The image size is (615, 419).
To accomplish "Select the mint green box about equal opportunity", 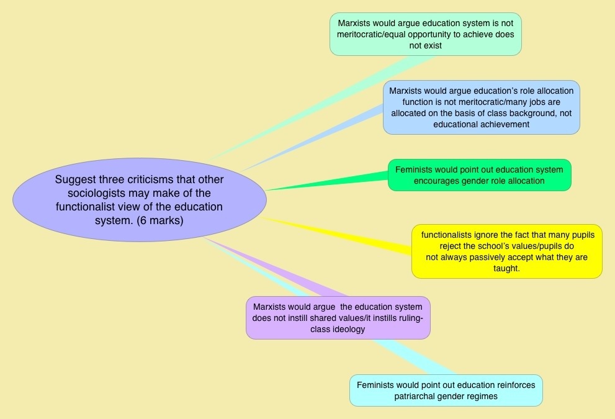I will point(426,34).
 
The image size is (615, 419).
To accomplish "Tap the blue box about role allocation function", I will point(481,107).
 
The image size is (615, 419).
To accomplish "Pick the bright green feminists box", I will point(478,175).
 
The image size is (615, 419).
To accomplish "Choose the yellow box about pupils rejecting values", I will point(506,251).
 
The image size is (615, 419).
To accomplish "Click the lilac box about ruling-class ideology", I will point(338,318).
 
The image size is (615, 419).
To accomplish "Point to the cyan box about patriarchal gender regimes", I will point(446,390).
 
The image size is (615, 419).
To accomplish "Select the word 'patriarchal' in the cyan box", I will point(418,396).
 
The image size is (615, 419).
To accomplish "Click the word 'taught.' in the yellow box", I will point(506,268).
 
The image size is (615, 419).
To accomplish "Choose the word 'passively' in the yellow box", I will point(474,257).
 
